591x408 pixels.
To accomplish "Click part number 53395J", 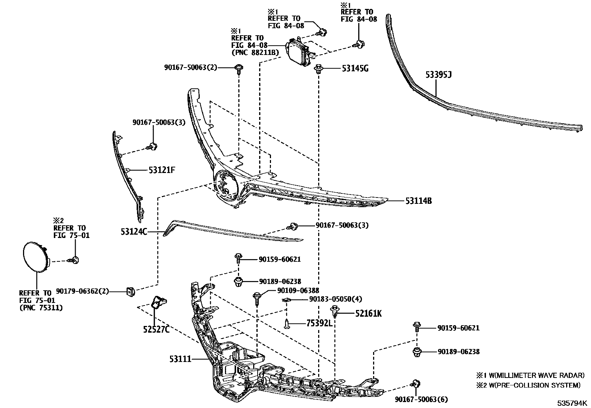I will [438, 75].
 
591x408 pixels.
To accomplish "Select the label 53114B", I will [418, 201].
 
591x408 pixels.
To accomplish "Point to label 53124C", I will [134, 232].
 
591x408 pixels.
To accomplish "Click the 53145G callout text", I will [355, 68].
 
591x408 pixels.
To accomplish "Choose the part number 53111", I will [180, 359].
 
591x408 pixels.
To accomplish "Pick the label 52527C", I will [156, 329].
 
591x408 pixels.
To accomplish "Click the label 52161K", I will [368, 314].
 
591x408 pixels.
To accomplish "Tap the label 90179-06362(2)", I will [82, 291].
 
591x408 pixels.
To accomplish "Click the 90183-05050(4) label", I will [336, 299].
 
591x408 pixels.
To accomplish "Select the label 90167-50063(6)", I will [421, 399].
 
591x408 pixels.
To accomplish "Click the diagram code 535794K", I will [572, 403].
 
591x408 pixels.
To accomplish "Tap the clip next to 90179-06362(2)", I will [130, 292].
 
